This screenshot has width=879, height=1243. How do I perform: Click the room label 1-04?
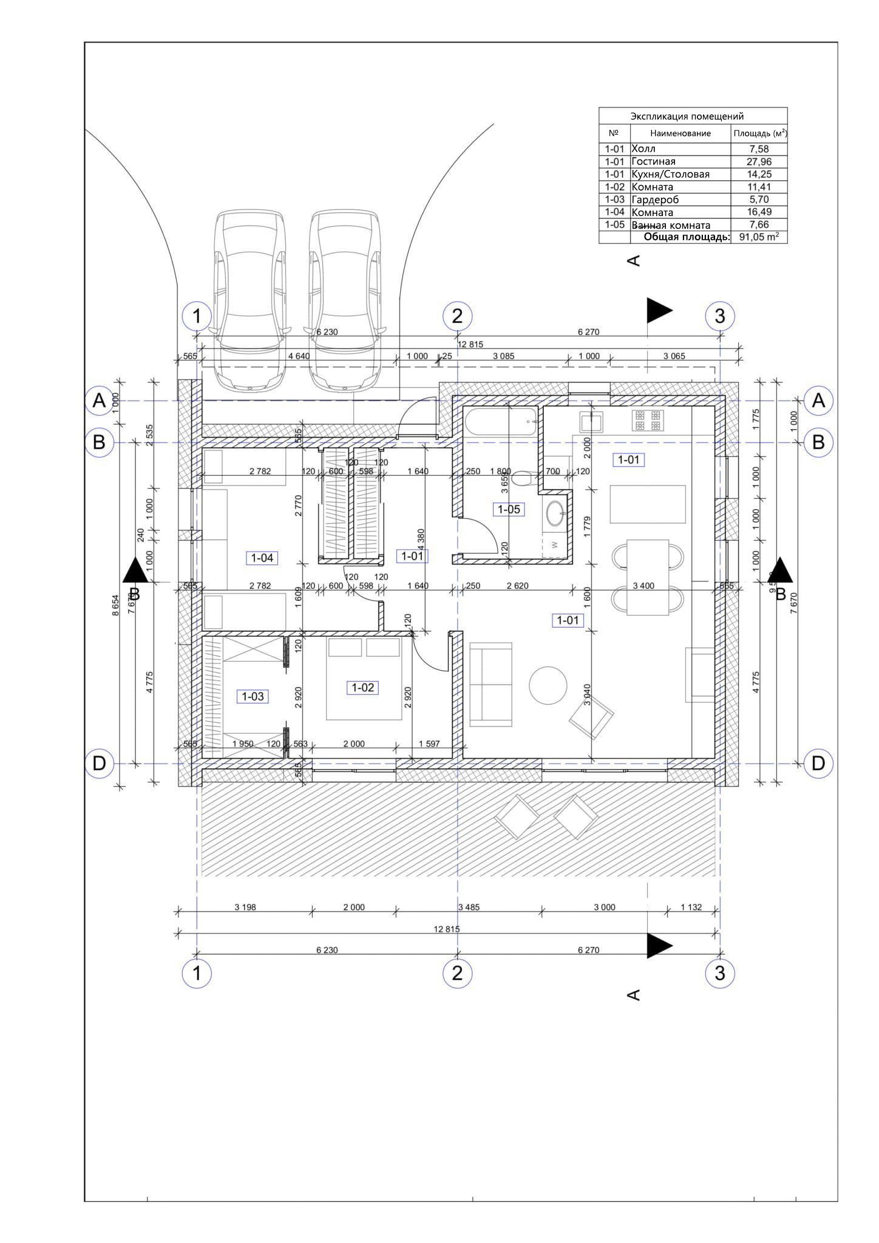point(262,558)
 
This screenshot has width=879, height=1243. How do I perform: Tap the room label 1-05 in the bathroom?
point(509,509)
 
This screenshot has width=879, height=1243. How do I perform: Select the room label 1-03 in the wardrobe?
point(253,696)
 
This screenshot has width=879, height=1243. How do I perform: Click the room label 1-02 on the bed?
point(363,688)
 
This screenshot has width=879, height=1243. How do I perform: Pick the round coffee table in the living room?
point(548,685)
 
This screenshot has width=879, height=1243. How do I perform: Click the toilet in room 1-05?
point(522,479)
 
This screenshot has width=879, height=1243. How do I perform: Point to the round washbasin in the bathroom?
point(555,513)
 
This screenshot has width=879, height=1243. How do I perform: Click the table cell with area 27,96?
point(758,161)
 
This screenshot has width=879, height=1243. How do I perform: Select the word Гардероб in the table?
point(655,200)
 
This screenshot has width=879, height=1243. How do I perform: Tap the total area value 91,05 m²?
point(759,237)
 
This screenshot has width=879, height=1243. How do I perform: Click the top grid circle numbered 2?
point(457,316)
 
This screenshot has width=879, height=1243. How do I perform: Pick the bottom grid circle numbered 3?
point(719,973)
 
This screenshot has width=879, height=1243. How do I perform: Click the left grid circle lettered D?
point(99,763)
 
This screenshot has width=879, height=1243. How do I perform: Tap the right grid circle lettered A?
point(818,401)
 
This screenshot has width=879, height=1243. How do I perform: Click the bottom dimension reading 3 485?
point(469,907)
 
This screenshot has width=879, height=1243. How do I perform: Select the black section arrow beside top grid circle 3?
point(659,311)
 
